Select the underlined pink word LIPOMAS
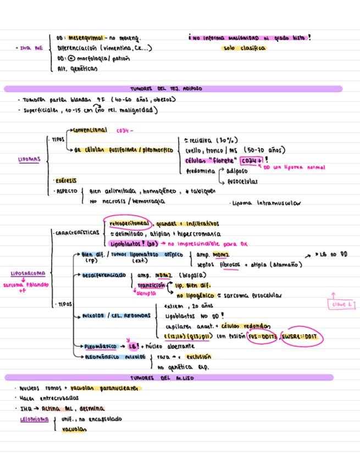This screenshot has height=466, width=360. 27,160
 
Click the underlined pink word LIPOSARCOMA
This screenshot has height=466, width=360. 28,273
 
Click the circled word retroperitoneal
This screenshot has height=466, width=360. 131,224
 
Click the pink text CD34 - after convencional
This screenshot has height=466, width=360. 124,131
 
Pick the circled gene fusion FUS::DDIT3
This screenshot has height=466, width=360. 262,337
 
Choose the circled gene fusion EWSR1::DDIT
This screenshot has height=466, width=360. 303,337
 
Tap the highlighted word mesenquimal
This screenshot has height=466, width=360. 84,38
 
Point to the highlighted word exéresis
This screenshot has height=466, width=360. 65,180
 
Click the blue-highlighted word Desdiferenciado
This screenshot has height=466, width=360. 104,275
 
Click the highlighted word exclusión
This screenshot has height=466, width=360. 197,357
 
